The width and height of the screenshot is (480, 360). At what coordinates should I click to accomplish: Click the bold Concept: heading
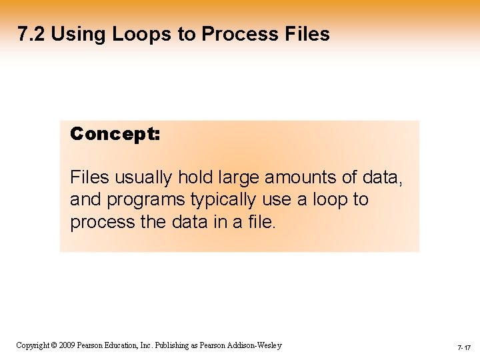[115, 134]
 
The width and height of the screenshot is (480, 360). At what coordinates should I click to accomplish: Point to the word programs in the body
[141, 199]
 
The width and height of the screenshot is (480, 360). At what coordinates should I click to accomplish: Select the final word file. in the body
[259, 221]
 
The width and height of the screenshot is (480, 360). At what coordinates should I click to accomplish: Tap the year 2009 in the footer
[65, 345]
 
